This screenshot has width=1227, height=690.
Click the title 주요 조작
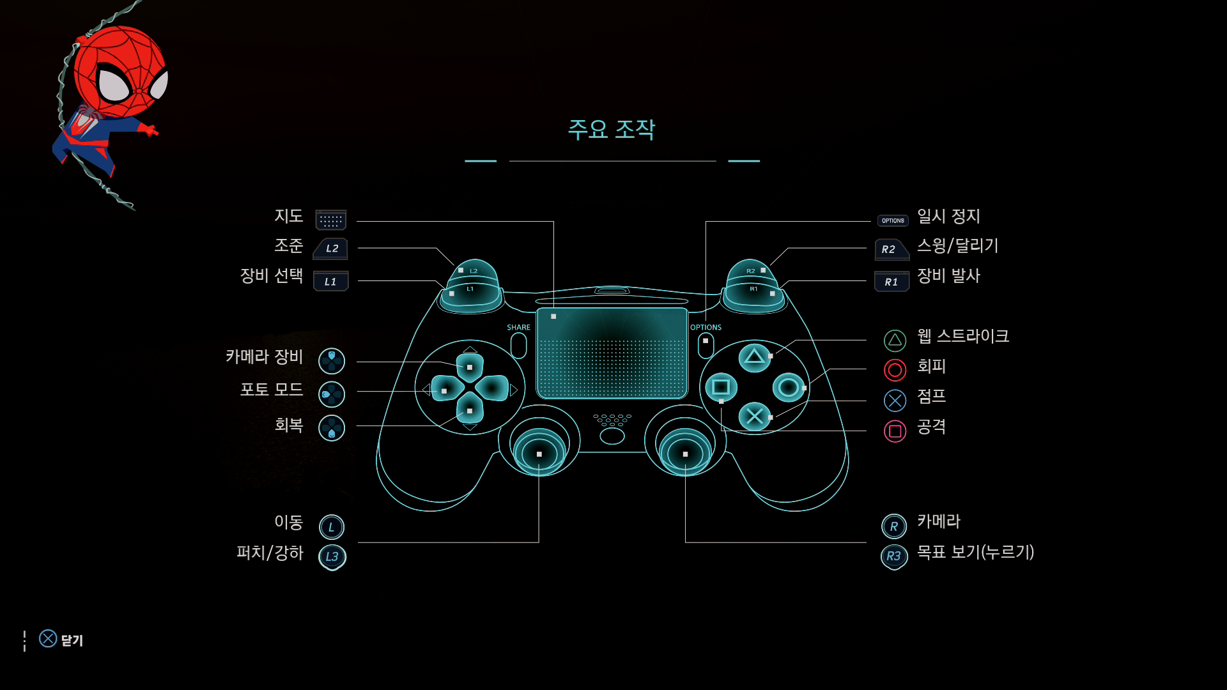tap(612, 130)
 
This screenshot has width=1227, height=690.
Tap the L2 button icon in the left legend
tap(331, 249)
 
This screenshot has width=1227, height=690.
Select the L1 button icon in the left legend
tap(331, 282)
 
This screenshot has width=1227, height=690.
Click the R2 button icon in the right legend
tap(891, 249)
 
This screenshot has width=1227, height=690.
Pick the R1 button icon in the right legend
tap(891, 282)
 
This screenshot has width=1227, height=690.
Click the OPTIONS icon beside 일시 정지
tap(893, 220)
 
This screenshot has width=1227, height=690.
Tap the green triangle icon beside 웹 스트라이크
tap(895, 341)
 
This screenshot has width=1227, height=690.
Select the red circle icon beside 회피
tap(895, 370)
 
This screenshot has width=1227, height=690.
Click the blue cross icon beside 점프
tap(895, 401)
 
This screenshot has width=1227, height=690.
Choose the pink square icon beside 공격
tap(895, 431)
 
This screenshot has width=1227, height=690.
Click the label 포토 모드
tap(272, 390)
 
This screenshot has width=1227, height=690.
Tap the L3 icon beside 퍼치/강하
tap(332, 556)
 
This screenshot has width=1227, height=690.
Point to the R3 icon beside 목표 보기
tap(893, 556)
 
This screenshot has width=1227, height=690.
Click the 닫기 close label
tap(72, 640)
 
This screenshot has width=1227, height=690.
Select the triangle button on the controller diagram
tap(754, 356)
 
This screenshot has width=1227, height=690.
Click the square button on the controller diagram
tap(721, 387)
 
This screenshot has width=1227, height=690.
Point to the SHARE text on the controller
tap(518, 327)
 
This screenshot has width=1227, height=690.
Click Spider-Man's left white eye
tap(114, 85)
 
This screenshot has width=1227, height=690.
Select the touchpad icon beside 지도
tap(331, 220)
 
